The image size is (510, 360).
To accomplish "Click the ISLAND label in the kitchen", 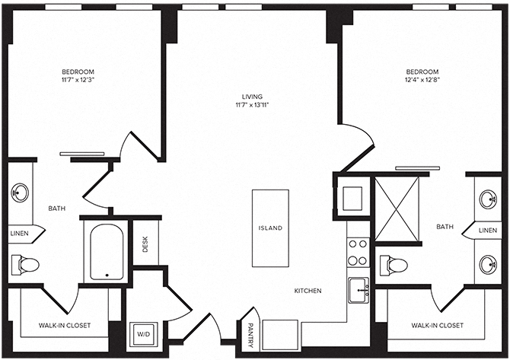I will pyautogui.click(x=270, y=228).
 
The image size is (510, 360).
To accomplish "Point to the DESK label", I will pyautogui.click(x=145, y=244).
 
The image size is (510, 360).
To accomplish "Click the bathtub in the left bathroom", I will pyautogui.click(x=107, y=251).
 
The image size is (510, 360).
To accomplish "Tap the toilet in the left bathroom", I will pyautogui.click(x=26, y=265).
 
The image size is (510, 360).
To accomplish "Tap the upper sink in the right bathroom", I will pyautogui.click(x=489, y=199).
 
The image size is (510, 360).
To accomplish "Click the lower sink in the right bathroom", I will pyautogui.click(x=489, y=264).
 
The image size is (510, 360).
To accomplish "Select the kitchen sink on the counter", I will pyautogui.click(x=359, y=289).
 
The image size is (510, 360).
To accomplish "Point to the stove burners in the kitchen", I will pyautogui.click(x=358, y=252).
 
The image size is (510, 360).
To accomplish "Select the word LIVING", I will pyautogui.click(x=253, y=97).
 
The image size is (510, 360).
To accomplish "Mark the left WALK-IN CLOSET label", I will pyautogui.click(x=65, y=325).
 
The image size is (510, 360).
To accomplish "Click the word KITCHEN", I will pyautogui.click(x=308, y=291).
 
